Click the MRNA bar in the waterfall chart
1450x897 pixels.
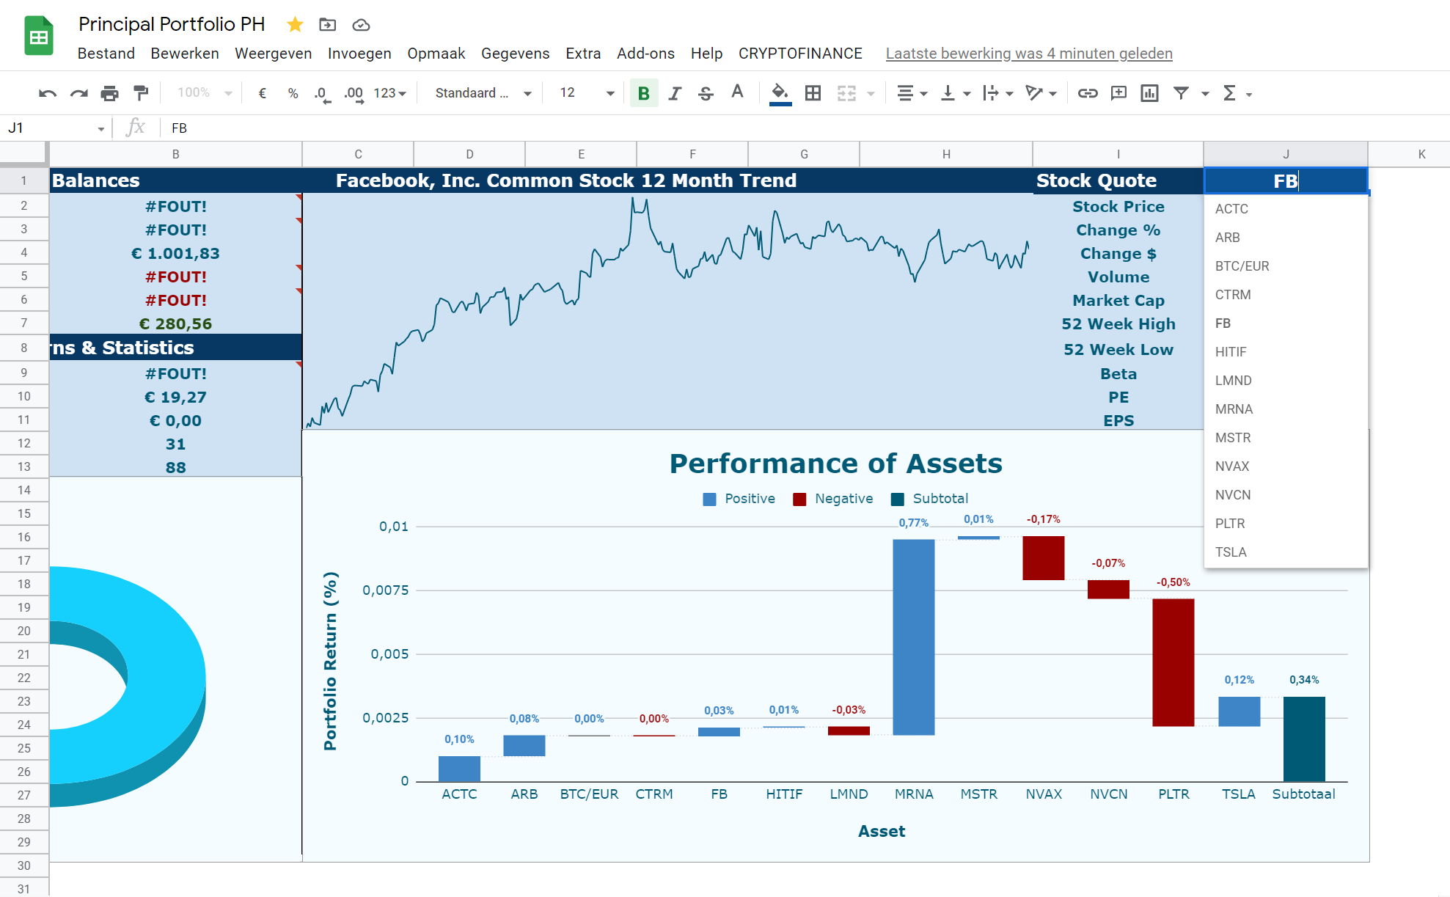coord(913,637)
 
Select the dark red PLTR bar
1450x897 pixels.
coord(1173,662)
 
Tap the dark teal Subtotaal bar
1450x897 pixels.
coord(1303,739)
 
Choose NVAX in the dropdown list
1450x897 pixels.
coord(1232,466)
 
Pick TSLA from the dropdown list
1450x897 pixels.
coord(1231,552)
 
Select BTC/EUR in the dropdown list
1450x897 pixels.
coord(1242,266)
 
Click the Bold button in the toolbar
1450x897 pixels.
coord(643,93)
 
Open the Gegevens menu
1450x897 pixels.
coord(515,54)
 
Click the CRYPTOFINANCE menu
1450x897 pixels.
coord(800,54)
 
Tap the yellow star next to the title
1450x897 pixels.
coord(295,24)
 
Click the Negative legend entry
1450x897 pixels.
coord(833,499)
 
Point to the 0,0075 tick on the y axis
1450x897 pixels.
coord(385,590)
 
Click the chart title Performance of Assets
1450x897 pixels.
coord(835,464)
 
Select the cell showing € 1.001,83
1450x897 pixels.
coord(175,253)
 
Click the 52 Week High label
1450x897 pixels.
coord(1118,323)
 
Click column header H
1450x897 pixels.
coord(946,154)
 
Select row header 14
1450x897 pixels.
coord(24,490)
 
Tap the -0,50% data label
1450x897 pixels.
coord(1173,582)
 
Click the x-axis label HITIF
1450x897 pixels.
coord(784,794)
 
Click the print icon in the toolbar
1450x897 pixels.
coord(109,93)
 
